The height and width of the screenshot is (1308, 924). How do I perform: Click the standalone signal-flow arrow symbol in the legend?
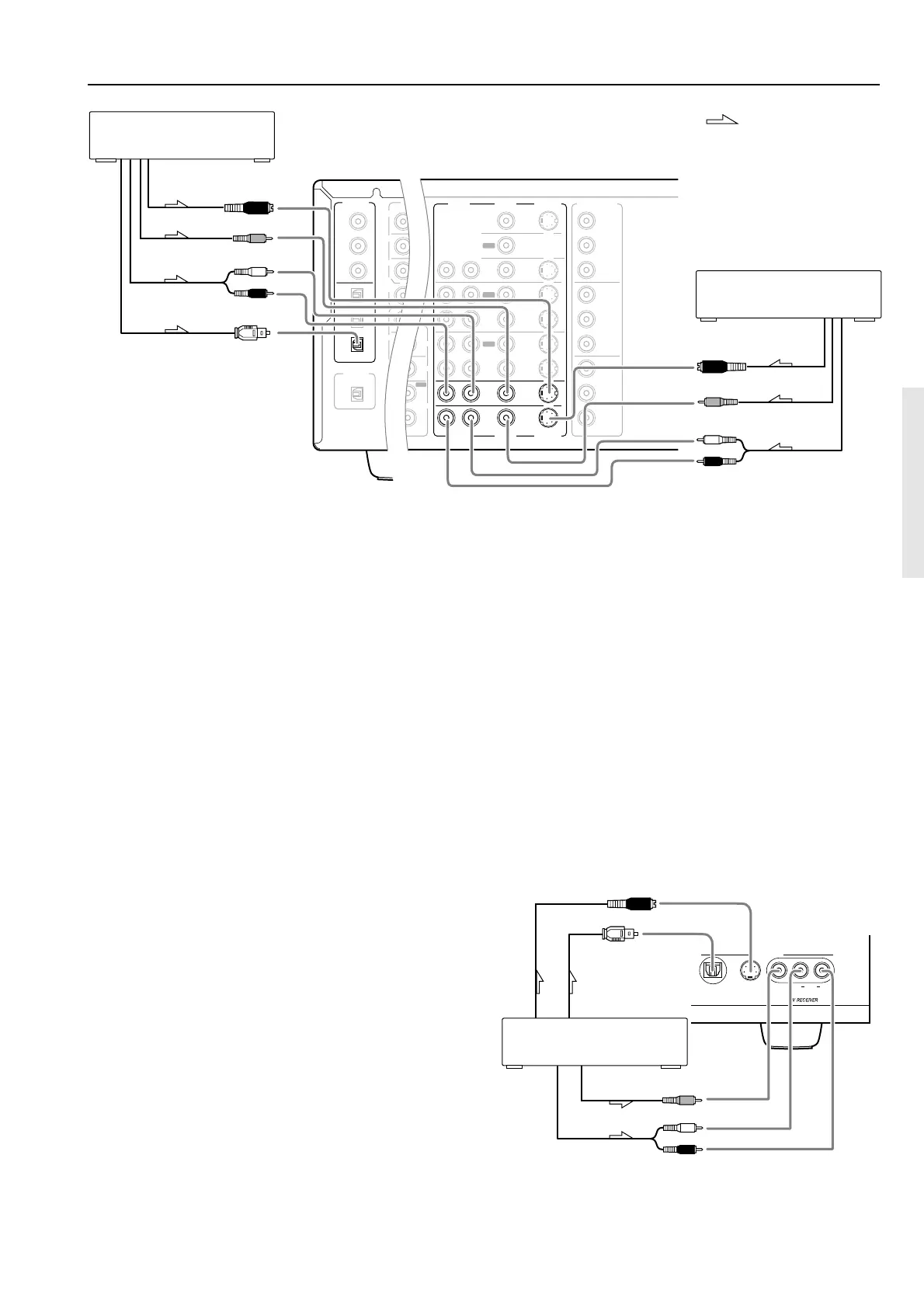721,119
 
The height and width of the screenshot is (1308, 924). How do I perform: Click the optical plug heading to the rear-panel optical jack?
252,333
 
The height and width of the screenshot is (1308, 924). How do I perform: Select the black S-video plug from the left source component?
247,207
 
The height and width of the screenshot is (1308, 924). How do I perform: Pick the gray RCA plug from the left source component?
250,238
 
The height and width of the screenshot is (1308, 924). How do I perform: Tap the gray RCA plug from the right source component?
720,402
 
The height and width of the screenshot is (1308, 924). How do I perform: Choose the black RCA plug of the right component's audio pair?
720,461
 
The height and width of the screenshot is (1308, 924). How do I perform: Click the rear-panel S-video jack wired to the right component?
549,419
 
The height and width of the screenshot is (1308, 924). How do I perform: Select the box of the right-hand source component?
787,294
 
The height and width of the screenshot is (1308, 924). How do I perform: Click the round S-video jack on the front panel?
750,970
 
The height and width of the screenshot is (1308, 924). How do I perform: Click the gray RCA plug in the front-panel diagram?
683,1100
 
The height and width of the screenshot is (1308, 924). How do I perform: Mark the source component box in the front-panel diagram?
595,1042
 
